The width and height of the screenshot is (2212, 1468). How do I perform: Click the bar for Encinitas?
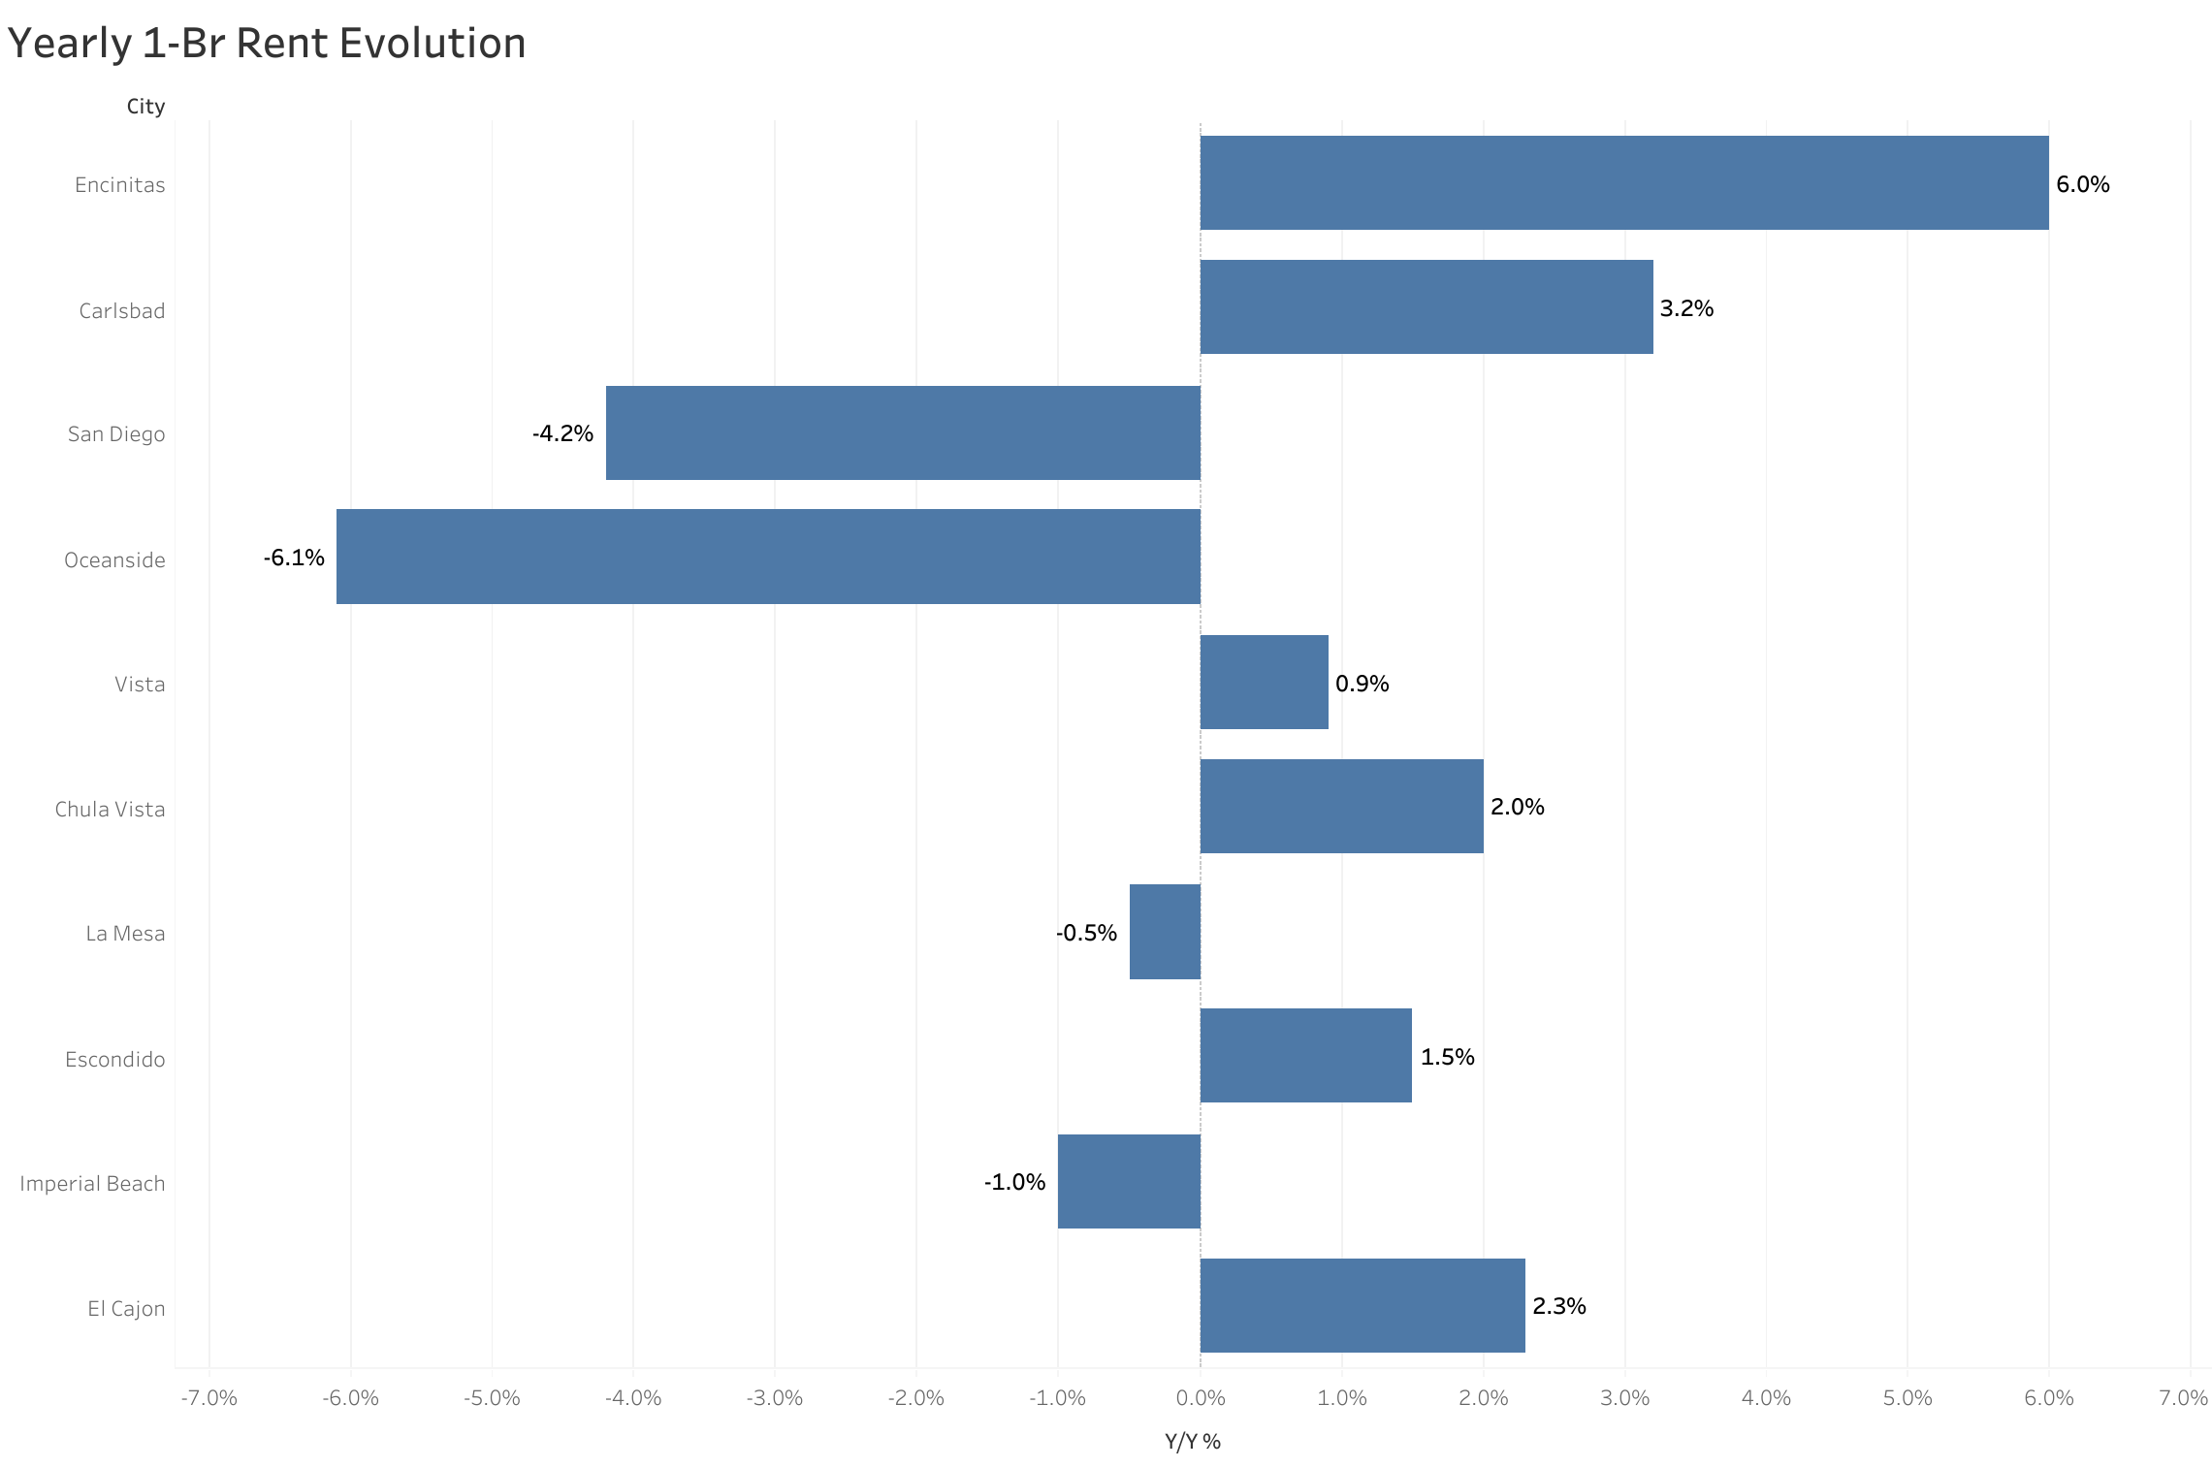point(1624,182)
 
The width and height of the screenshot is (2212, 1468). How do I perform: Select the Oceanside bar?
point(768,557)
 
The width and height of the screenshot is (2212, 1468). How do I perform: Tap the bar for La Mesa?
point(1165,932)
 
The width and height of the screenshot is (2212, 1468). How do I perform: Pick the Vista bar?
point(1264,682)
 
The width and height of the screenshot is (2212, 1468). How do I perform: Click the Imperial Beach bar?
point(1129,1181)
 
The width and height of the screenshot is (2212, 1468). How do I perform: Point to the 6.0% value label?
point(2082,184)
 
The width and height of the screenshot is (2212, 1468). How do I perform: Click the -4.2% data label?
point(562,433)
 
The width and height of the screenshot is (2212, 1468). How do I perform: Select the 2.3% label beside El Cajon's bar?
point(1558,1306)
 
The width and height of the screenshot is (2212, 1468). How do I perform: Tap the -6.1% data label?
point(294,558)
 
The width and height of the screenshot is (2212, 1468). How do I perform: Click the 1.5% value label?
point(1447,1057)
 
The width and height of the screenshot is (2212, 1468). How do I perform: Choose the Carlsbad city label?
point(122,311)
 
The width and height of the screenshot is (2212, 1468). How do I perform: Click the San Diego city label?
point(116,434)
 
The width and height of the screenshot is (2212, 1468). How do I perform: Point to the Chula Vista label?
point(110,810)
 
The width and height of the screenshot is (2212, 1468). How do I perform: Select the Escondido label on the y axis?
point(114,1060)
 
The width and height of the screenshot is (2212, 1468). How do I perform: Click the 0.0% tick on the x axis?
point(1201,1398)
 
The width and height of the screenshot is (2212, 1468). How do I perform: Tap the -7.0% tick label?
point(208,1398)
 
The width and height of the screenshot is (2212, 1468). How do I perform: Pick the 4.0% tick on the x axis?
point(1766,1398)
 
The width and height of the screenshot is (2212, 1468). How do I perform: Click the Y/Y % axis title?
point(1192,1442)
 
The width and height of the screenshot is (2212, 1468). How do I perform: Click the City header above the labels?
point(145,107)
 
